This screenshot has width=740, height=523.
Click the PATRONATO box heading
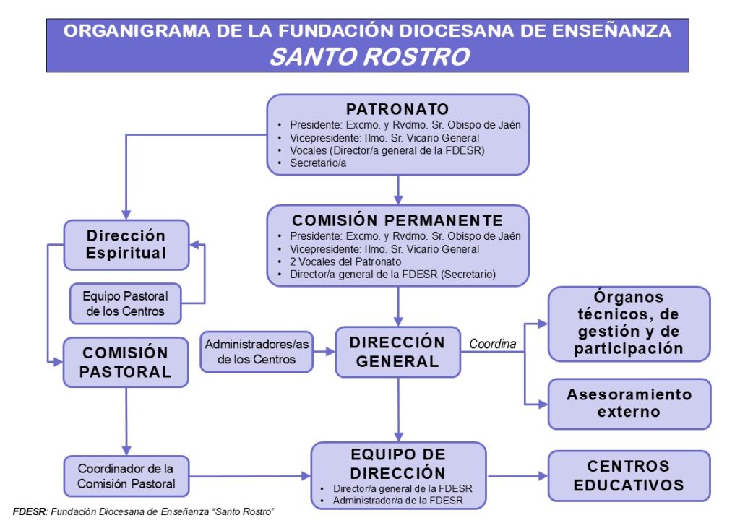(x=397, y=109)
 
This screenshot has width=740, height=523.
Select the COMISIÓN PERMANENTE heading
(x=397, y=220)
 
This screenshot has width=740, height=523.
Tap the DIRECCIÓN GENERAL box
(x=397, y=352)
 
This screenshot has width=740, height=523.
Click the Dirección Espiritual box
(x=126, y=244)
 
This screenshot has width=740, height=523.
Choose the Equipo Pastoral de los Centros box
(x=125, y=303)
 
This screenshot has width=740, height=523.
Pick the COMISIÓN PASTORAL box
(x=126, y=363)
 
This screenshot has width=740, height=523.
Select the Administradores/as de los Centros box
(x=257, y=352)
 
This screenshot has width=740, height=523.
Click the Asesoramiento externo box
(x=629, y=403)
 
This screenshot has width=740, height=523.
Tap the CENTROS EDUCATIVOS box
(x=629, y=475)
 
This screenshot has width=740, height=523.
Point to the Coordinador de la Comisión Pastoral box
(x=126, y=475)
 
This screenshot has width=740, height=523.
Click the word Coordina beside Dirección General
(x=493, y=345)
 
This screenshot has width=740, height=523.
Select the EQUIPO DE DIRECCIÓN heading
(x=397, y=463)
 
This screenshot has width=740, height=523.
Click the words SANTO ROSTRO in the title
(x=369, y=56)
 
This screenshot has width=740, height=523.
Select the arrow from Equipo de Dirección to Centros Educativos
(x=516, y=476)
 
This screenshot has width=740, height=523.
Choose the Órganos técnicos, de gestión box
(x=629, y=323)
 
